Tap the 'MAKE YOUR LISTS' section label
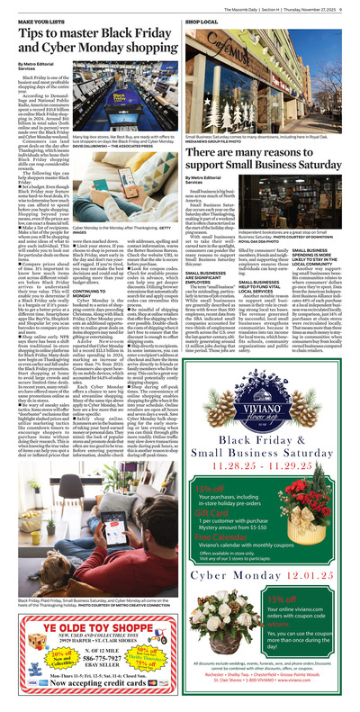click(x=31, y=19)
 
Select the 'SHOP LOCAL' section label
click(x=201, y=19)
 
